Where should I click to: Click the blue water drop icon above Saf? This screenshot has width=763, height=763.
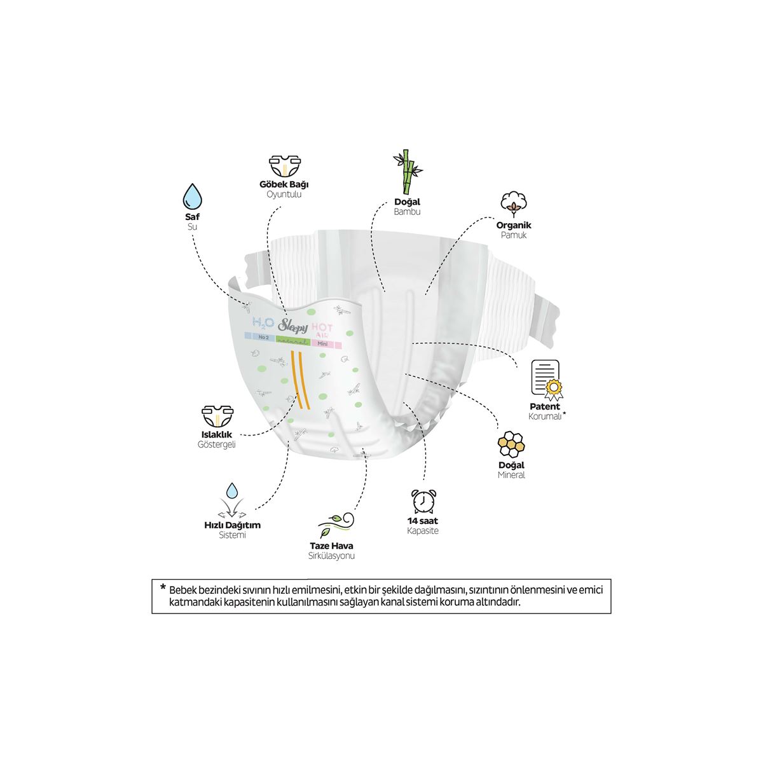192,197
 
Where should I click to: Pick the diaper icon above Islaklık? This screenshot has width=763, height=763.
216,416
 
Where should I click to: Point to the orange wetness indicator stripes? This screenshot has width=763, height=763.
299,387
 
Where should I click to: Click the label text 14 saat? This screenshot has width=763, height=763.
423,521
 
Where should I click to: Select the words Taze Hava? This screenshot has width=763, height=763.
331,546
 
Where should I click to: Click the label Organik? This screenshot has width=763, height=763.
514,225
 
